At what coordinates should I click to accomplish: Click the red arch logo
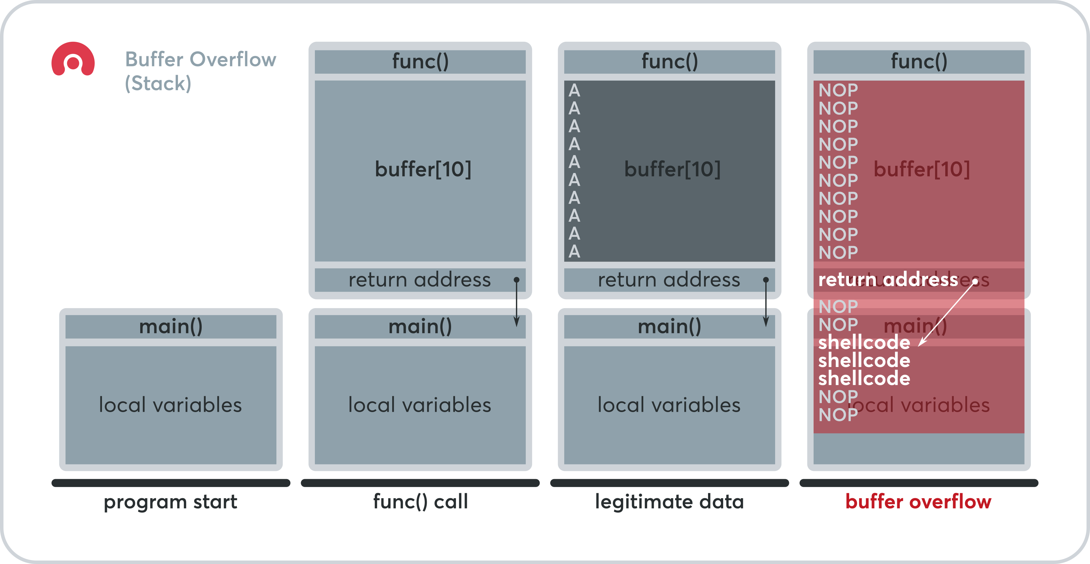pyautogui.click(x=73, y=59)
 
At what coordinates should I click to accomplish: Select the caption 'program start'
pyautogui.click(x=170, y=502)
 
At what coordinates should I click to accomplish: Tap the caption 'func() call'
pyautogui.click(x=420, y=502)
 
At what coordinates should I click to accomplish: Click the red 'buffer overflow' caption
pyautogui.click(x=918, y=502)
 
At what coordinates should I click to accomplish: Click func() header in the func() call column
pyautogui.click(x=420, y=61)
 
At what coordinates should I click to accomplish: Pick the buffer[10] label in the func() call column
pyautogui.click(x=423, y=169)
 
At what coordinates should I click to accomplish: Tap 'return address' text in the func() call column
pyautogui.click(x=419, y=280)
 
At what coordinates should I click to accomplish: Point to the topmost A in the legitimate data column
pyautogui.click(x=574, y=90)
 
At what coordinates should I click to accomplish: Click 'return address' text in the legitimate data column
pyautogui.click(x=669, y=280)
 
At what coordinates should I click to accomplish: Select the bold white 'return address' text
pyautogui.click(x=888, y=280)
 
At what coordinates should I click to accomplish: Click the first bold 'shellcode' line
pyautogui.click(x=864, y=342)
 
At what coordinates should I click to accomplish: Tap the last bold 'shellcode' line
pyautogui.click(x=864, y=378)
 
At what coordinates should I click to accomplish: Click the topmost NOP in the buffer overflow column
pyautogui.click(x=838, y=90)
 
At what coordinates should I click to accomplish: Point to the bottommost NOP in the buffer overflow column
pyautogui.click(x=838, y=415)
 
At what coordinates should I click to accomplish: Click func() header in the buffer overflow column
pyautogui.click(x=919, y=61)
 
